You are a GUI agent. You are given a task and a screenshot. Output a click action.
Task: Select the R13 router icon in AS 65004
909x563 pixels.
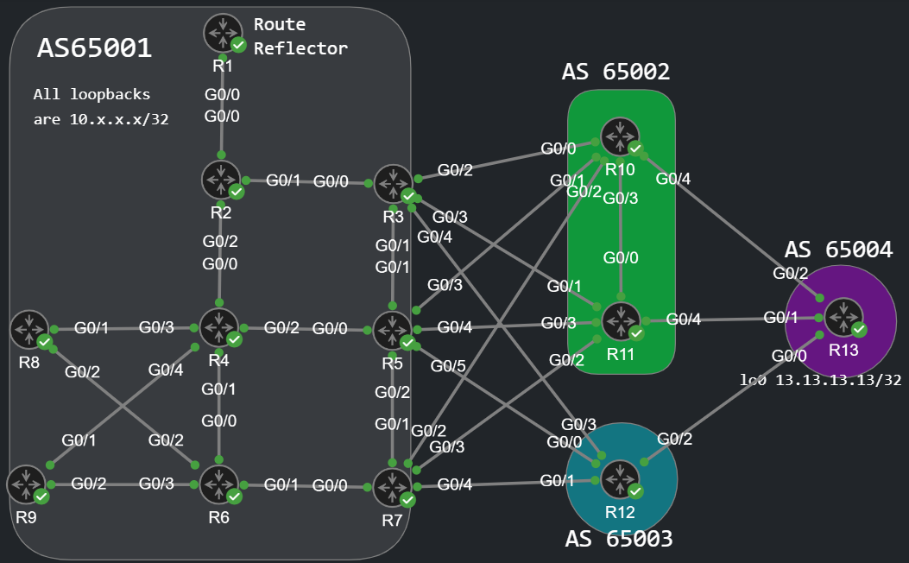(843, 317)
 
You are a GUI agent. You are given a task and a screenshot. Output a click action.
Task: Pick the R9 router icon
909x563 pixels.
(26, 484)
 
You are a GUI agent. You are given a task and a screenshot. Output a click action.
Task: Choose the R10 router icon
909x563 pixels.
(620, 136)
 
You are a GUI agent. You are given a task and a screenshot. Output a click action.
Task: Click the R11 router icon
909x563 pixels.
(621, 320)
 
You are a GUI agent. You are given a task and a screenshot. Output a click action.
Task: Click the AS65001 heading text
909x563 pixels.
(94, 48)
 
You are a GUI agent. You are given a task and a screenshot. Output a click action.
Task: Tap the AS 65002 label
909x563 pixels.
(615, 72)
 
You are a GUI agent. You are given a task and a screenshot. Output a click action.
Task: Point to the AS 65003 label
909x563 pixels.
(618, 539)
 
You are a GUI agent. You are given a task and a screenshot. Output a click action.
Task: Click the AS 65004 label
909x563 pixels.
(837, 250)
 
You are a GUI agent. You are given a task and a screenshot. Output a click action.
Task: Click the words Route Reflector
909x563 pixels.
(300, 36)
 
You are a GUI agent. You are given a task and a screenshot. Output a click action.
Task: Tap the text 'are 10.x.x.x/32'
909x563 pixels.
(101, 119)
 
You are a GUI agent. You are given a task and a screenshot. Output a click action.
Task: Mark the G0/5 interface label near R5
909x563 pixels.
(448, 366)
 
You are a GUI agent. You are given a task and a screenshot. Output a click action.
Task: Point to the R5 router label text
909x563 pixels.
(393, 363)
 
